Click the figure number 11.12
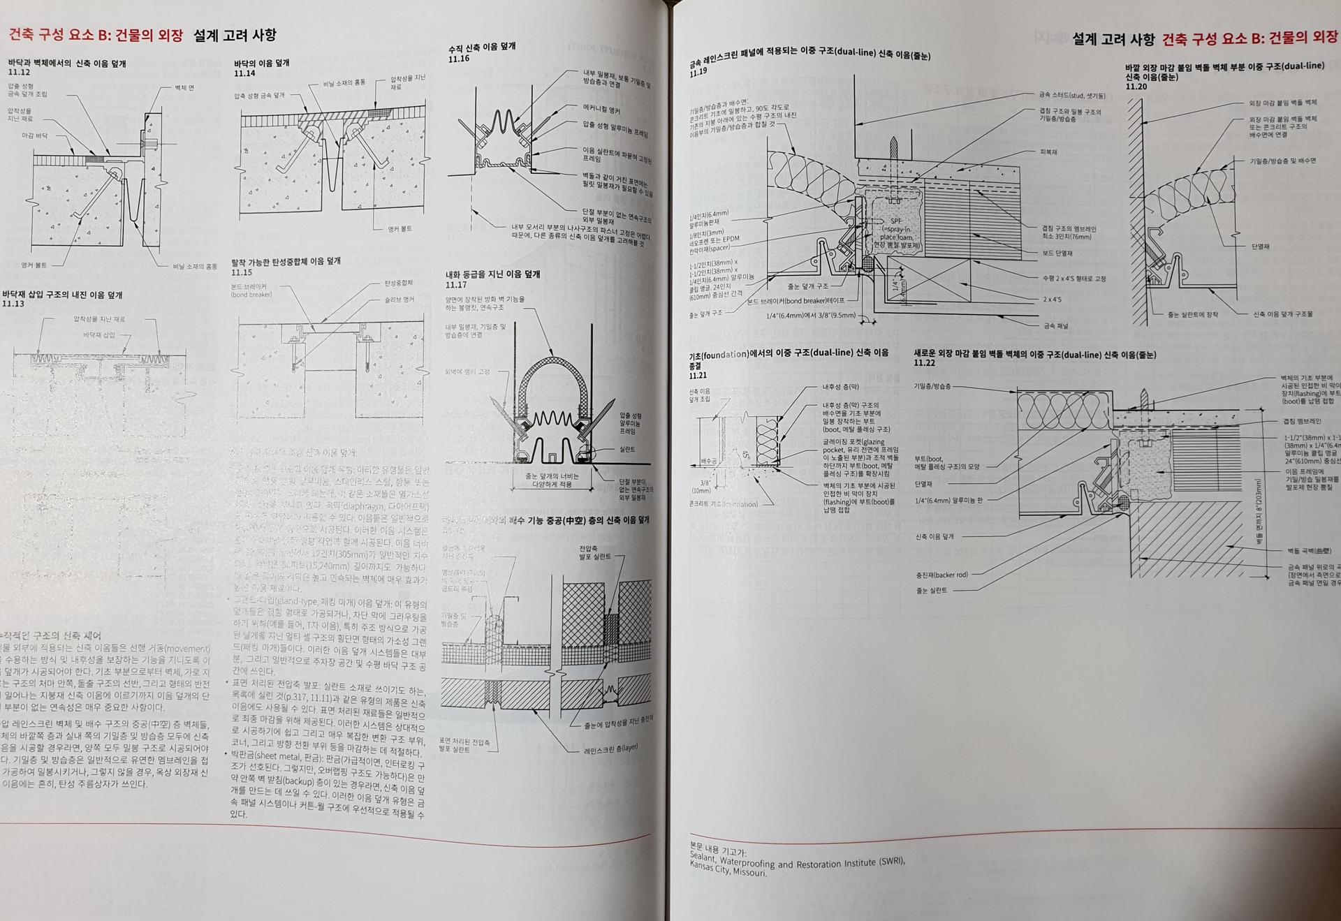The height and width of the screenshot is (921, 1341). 19,73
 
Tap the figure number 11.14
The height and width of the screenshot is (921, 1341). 244,73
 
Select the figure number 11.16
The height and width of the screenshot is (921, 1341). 459,59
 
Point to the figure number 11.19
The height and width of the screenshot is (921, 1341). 698,72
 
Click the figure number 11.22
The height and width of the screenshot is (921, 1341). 924,363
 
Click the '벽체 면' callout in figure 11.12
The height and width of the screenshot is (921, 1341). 184,88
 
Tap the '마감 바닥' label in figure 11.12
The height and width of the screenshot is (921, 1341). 34,136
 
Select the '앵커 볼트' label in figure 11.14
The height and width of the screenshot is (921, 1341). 400,229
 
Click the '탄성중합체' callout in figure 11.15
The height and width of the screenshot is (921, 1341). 398,283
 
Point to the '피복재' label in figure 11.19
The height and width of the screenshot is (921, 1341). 1048,152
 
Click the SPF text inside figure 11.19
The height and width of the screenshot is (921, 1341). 896,221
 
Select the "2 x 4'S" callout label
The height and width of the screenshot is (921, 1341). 1052,300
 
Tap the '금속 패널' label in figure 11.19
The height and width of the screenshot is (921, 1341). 1055,326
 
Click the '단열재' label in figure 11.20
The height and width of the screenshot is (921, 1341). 1260,246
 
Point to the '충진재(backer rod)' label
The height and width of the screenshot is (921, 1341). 942,575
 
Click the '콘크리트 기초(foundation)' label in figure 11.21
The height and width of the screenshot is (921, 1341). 723,504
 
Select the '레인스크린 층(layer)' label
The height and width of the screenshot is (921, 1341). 610,749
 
